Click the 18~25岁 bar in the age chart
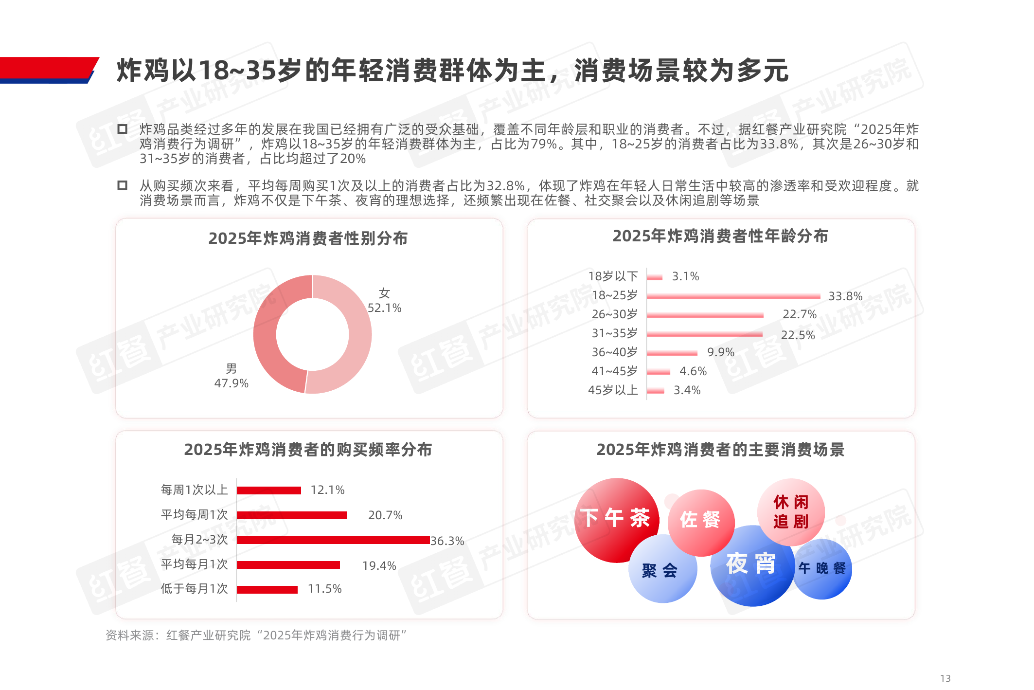click(733, 296)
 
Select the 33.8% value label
click(845, 296)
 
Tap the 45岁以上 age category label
click(613, 390)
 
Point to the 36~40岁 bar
click(672, 353)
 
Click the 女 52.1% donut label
click(384, 301)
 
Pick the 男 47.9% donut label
click(231, 376)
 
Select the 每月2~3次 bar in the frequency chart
click(333, 540)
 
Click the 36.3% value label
click(447, 541)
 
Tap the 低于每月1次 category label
click(194, 589)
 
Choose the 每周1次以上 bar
click(268, 490)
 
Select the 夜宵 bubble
click(751, 564)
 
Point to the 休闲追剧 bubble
click(791, 511)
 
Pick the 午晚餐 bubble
click(822, 568)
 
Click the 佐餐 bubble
click(700, 520)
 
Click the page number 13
click(945, 678)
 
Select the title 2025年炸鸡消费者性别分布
click(308, 238)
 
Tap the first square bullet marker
click(123, 129)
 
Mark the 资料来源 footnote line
click(256, 636)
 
